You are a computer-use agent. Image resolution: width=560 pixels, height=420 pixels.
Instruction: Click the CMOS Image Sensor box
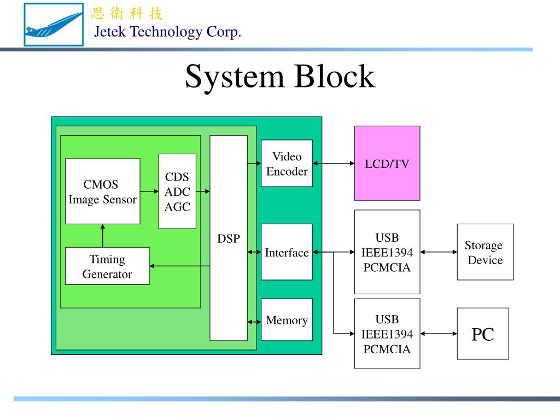click(x=102, y=191)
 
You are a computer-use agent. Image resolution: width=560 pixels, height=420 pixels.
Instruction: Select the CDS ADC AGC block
click(x=177, y=191)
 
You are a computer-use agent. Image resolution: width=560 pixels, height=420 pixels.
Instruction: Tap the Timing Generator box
click(x=107, y=266)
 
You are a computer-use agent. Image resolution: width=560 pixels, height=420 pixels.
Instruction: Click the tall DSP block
click(x=229, y=238)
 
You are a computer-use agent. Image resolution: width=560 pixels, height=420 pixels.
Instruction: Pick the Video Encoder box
click(x=287, y=163)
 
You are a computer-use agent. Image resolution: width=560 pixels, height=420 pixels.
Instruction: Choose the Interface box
click(x=287, y=252)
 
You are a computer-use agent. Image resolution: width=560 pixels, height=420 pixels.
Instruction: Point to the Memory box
click(x=287, y=320)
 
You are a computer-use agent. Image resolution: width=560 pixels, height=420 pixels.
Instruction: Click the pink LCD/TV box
click(x=387, y=163)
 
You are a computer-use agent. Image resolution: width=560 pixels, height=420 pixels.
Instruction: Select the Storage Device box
click(x=485, y=252)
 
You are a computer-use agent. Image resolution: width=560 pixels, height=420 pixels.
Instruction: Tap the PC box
click(x=483, y=334)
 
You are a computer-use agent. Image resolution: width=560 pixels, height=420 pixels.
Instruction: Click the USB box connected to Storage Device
click(x=387, y=252)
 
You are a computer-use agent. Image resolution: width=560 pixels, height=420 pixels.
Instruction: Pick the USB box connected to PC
click(x=387, y=334)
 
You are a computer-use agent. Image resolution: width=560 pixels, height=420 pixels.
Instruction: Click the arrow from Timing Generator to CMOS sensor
click(x=103, y=236)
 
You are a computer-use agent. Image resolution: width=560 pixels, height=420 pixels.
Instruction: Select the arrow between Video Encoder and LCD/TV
click(x=334, y=163)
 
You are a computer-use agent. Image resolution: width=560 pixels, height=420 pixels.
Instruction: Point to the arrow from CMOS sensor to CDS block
click(x=149, y=191)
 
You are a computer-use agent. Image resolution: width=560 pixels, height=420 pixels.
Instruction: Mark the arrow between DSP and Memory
click(x=254, y=320)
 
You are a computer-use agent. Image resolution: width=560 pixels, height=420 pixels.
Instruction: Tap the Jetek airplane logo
click(x=53, y=25)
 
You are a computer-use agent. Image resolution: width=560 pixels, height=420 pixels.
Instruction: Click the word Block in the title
click(x=335, y=77)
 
